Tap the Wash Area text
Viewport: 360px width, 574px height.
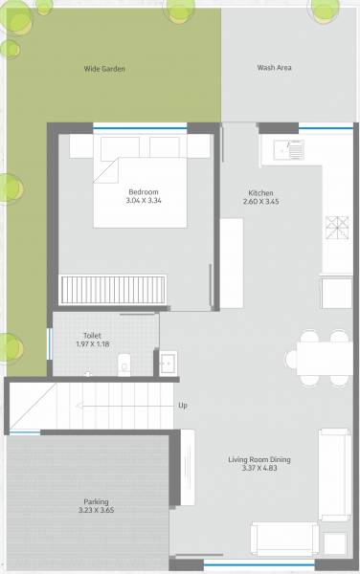274,68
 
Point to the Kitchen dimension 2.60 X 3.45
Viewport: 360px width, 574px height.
260,202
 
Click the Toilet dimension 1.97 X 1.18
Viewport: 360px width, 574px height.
93,344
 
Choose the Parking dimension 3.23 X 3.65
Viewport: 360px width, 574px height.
95,511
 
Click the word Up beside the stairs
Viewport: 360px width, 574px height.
182,406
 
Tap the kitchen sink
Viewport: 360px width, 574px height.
288,149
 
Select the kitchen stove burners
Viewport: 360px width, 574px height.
338,227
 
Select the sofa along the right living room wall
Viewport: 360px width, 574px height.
333,475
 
